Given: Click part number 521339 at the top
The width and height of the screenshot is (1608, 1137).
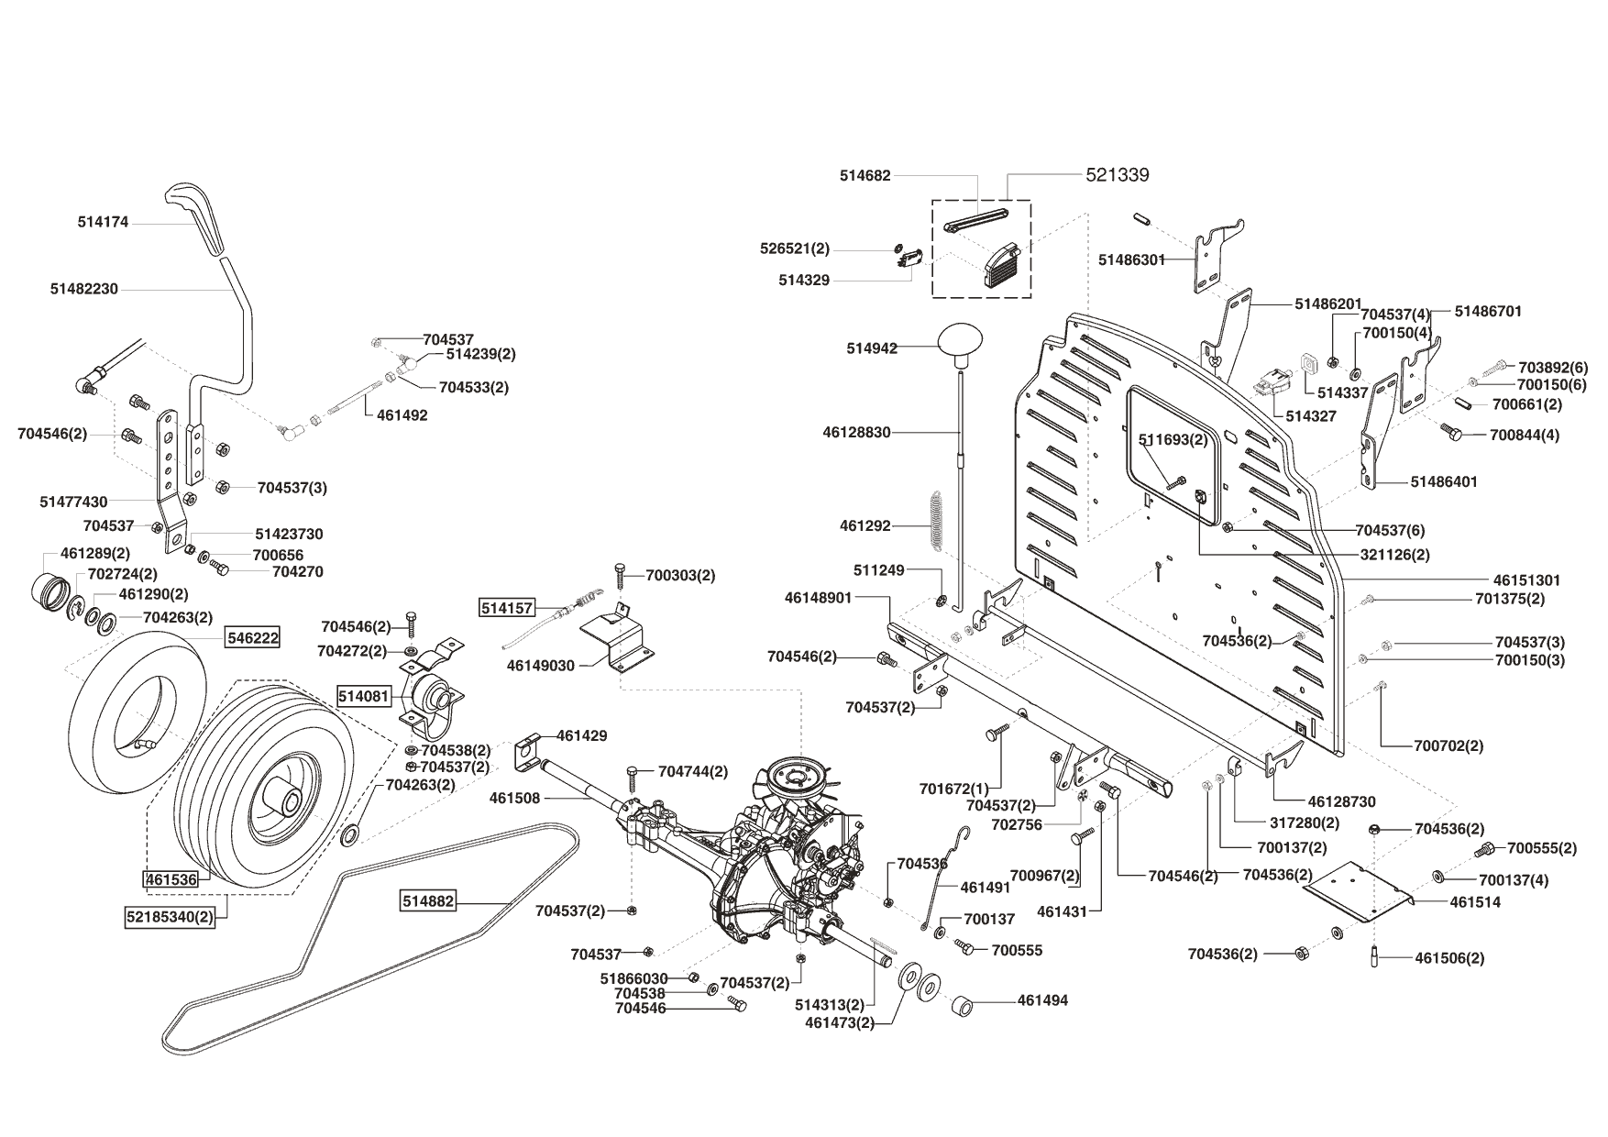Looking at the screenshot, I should (x=1117, y=174).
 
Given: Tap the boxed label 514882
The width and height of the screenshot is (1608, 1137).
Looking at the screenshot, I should (x=428, y=901).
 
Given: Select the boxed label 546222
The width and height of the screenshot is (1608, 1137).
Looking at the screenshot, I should (x=253, y=637).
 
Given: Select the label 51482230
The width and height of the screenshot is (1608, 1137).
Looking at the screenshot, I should (x=84, y=289).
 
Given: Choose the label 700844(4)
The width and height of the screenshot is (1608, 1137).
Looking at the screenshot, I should (x=1525, y=435).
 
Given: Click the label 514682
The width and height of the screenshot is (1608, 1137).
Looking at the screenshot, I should (x=865, y=174).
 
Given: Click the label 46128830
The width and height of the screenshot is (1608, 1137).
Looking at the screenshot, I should (x=856, y=432).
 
